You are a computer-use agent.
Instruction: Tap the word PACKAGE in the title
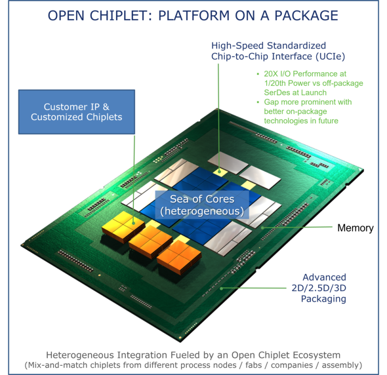pyautogui.click(x=306, y=16)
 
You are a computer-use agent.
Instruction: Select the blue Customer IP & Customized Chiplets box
pyautogui.click(x=77, y=111)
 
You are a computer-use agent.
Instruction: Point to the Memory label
pyautogui.click(x=356, y=228)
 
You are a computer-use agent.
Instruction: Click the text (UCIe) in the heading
pyautogui.click(x=330, y=56)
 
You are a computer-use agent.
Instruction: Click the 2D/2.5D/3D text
pyautogui.click(x=319, y=288)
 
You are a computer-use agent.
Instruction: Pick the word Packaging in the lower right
pyautogui.click(x=323, y=299)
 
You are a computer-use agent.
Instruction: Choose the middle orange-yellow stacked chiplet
pyautogui.click(x=151, y=241)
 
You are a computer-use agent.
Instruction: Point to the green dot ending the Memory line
pyautogui.click(x=263, y=227)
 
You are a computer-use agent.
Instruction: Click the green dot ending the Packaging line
pyautogui.click(x=222, y=288)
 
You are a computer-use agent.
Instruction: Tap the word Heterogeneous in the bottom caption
pyautogui.click(x=80, y=355)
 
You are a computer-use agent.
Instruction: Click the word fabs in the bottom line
pyautogui.click(x=253, y=365)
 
